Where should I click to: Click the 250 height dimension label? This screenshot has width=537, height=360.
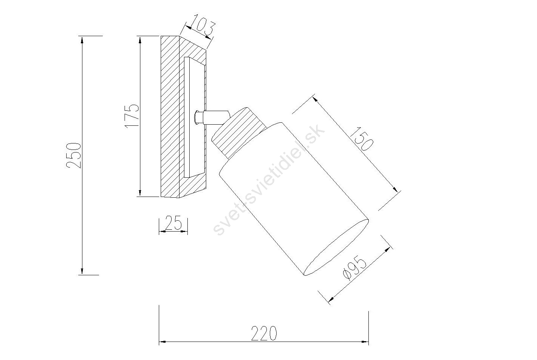(73, 155)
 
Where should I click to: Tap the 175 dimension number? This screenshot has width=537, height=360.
(132, 116)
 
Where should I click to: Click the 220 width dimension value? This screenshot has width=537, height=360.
(264, 333)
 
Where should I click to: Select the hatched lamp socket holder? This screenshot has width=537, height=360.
(239, 133)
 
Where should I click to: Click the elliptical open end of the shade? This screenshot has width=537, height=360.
(336, 247)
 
